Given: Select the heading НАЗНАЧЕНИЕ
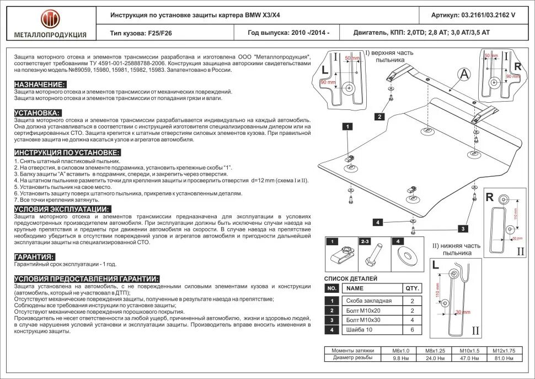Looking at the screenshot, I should pos(40,84).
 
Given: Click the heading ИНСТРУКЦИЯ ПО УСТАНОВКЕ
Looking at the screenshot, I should pos(67,152).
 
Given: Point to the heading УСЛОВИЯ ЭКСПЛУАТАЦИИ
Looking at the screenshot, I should pos(62,209).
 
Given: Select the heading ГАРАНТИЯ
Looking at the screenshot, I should pos(35,257).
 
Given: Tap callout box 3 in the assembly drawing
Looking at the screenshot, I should pos(463,228).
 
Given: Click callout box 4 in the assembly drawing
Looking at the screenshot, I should pos(378,222).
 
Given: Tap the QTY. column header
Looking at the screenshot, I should pos(413,288).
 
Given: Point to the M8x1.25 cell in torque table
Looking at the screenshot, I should pos(435,351).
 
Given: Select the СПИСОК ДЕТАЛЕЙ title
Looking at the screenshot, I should pos(351,278).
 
